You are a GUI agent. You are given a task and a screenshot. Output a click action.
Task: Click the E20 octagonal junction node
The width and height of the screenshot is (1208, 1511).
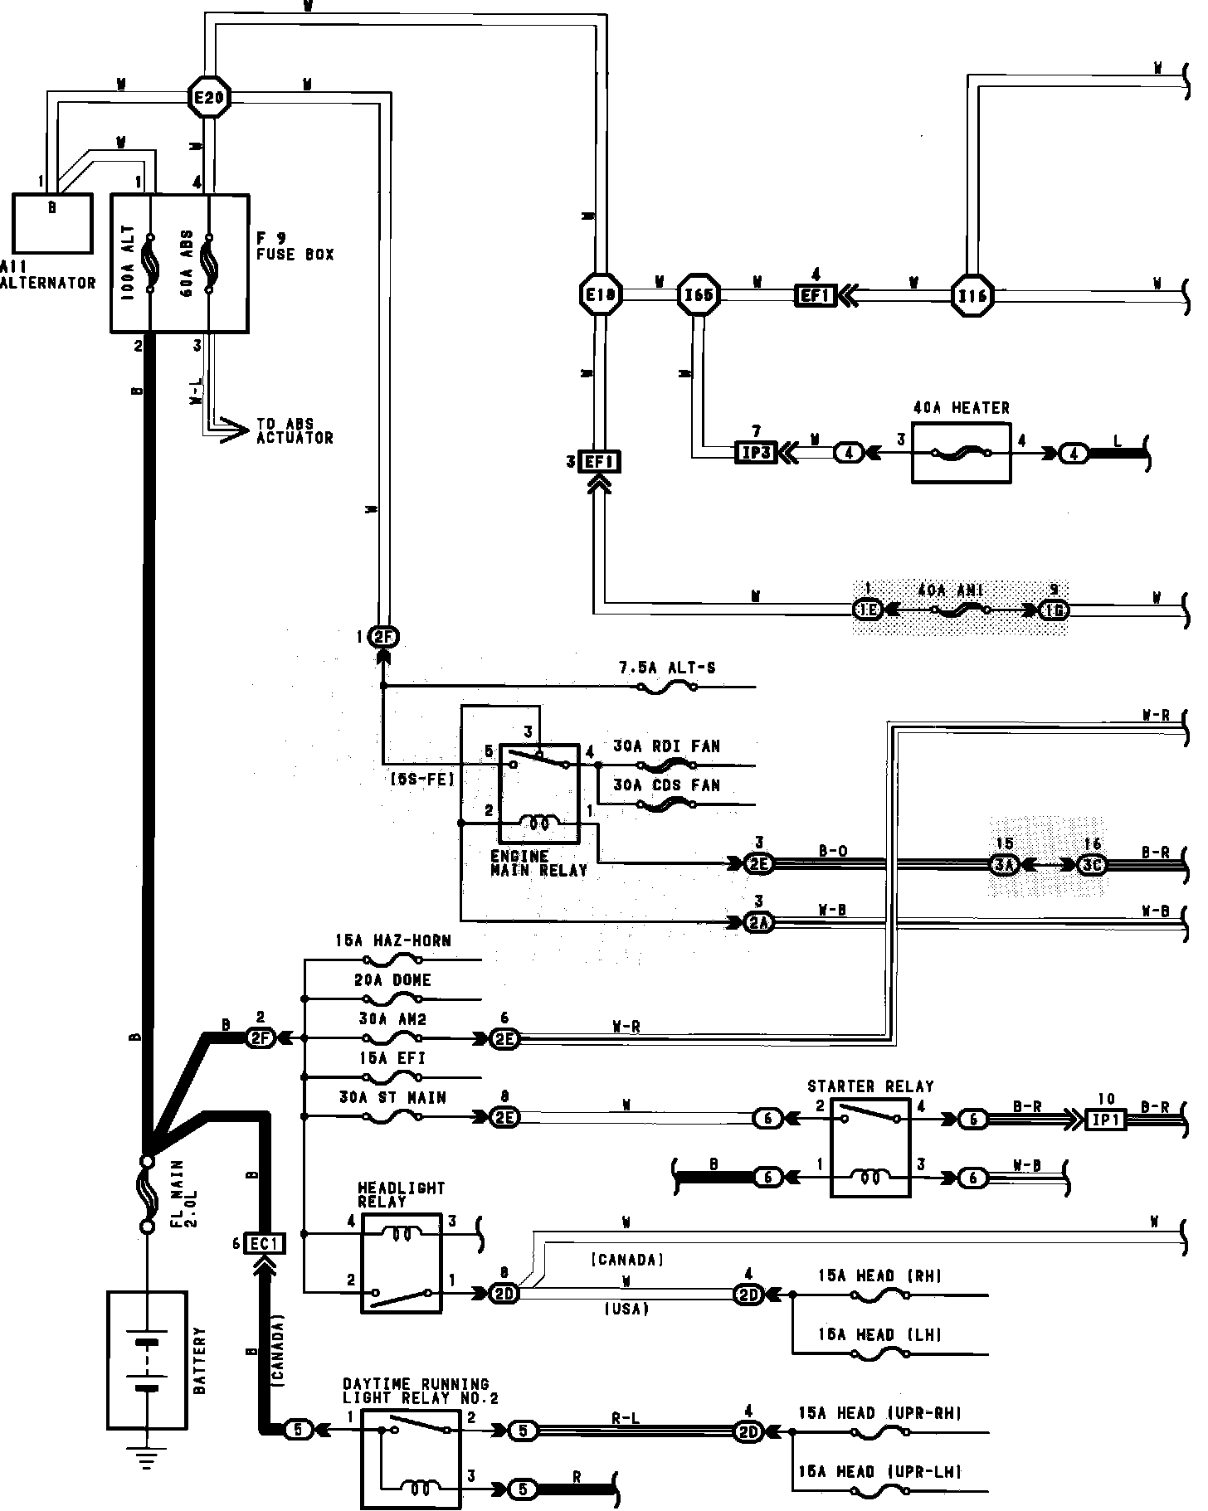coord(208,100)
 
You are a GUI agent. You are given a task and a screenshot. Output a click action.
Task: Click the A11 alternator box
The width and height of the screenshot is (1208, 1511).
coord(52,223)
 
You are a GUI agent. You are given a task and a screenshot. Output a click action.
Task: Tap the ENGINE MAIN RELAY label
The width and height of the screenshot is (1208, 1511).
coord(538,863)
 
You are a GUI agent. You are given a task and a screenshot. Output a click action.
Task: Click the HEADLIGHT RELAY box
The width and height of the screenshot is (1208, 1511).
coord(402,1262)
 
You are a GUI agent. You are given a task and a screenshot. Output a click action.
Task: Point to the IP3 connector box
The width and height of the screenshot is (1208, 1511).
coord(756,453)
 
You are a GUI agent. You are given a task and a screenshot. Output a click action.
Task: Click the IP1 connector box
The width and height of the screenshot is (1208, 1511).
coord(1107,1119)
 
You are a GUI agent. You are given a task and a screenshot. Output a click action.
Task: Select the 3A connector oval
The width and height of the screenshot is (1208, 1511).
coord(1004,865)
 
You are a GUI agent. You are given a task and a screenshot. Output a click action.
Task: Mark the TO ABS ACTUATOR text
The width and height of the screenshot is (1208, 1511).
coord(295,430)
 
